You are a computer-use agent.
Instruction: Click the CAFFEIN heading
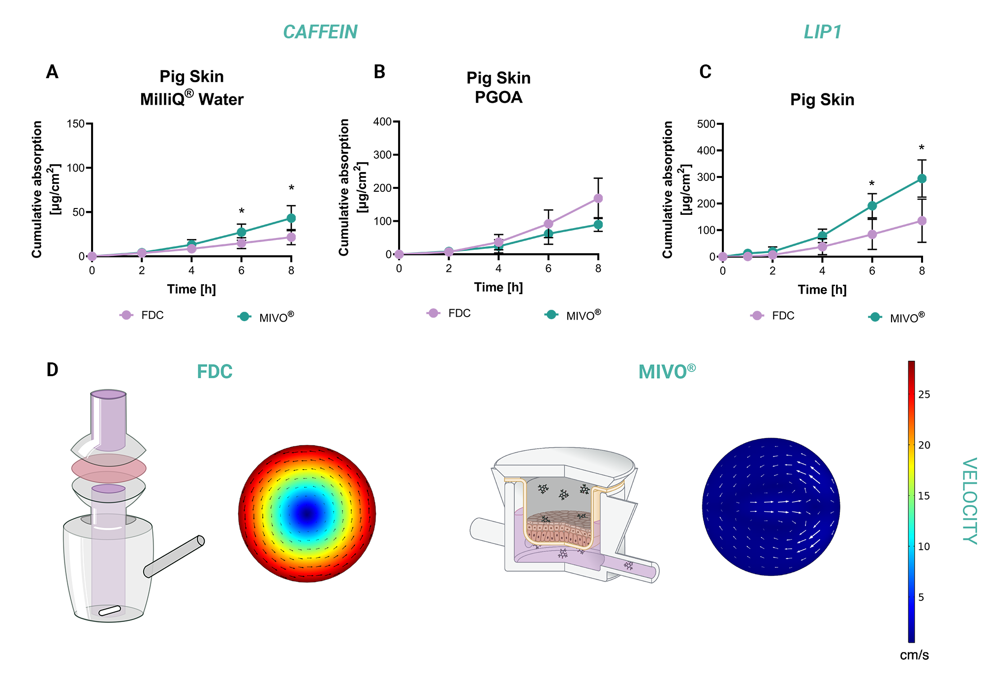[x=320, y=32]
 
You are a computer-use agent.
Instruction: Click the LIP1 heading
[x=823, y=32]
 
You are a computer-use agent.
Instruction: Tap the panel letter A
[x=52, y=72]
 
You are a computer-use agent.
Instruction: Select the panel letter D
[x=52, y=370]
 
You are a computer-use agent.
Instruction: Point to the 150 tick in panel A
[x=76, y=123]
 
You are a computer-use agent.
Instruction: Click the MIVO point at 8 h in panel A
[x=291, y=218]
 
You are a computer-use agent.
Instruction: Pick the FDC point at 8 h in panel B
[x=598, y=198]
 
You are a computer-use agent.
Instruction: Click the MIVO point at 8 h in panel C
[x=922, y=178]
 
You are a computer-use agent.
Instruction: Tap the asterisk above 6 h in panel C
[x=872, y=184]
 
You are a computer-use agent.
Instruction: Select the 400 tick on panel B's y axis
[x=382, y=121]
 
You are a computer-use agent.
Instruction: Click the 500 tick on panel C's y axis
[x=706, y=124]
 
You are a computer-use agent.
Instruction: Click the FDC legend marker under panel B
[x=433, y=313]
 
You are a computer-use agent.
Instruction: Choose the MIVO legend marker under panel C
[x=875, y=317]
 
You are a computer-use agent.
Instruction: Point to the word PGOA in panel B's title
[x=498, y=97]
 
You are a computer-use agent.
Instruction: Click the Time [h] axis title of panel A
[x=191, y=289]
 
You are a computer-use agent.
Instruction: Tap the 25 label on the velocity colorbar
[x=924, y=394]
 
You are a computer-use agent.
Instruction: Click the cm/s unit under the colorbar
[x=914, y=655]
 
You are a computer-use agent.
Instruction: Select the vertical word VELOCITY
[x=969, y=501]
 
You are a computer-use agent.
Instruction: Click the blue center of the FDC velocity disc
[x=307, y=514]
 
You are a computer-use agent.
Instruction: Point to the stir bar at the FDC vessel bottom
[x=109, y=611]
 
